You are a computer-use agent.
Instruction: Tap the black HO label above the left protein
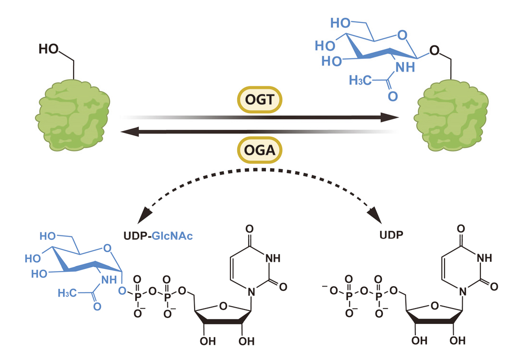tap(49, 49)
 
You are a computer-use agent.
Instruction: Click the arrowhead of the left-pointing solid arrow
tap(126, 130)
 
